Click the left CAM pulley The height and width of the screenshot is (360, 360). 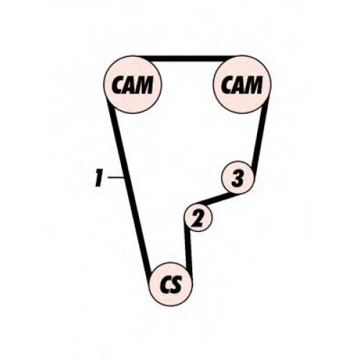coord(132,85)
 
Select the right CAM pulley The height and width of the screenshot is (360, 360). coord(242,85)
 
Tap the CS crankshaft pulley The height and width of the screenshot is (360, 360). coord(171,284)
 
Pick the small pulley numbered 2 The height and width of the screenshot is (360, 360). coord(198,217)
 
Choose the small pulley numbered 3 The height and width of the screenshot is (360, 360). coord(238,178)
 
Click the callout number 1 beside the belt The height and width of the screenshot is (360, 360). coord(99,178)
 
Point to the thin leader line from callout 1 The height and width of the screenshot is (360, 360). coord(116,177)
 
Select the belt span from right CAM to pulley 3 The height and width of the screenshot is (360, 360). coord(260,135)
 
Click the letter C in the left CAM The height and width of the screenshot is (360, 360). coord(119,85)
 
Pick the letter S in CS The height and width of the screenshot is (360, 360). coord(176,285)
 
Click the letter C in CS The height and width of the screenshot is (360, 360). coord(166,285)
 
